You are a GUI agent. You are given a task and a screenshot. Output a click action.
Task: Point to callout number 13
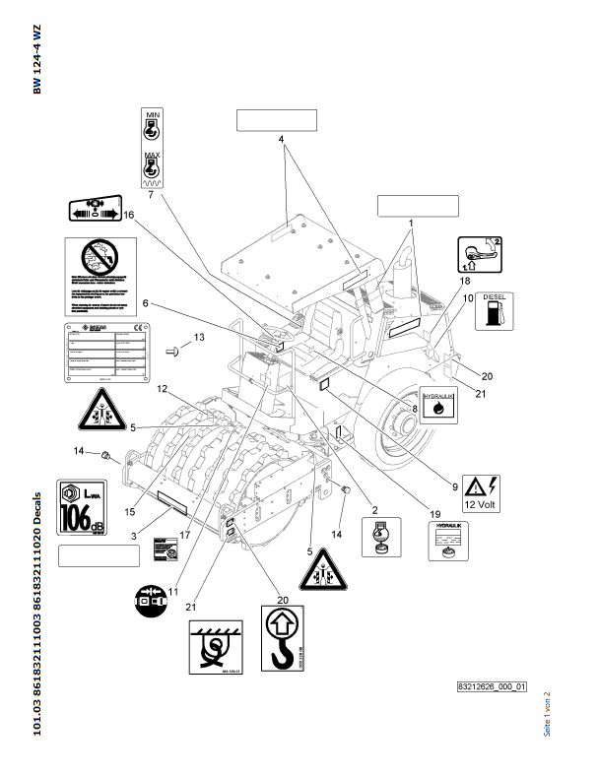198,338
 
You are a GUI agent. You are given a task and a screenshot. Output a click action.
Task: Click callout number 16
128,214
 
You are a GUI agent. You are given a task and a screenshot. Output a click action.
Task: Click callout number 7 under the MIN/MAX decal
151,195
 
